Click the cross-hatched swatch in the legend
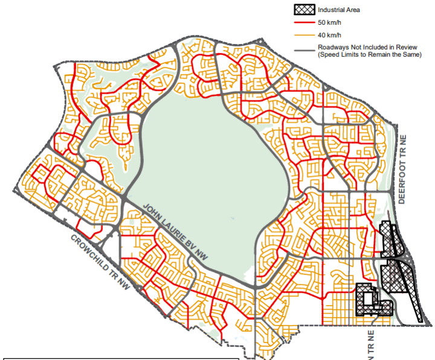pos(303,10)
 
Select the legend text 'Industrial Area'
pos(337,10)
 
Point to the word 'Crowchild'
pos(91,249)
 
